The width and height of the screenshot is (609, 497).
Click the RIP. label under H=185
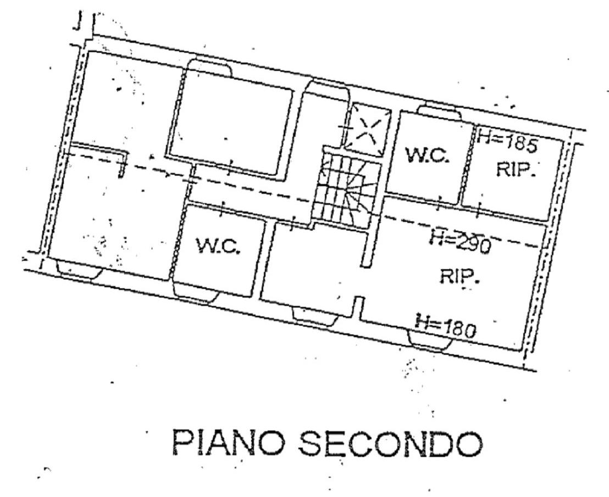(516, 170)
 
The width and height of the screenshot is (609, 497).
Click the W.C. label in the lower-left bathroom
(218, 247)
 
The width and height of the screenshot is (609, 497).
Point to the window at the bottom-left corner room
(78, 270)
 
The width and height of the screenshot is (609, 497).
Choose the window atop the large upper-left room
(209, 65)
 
